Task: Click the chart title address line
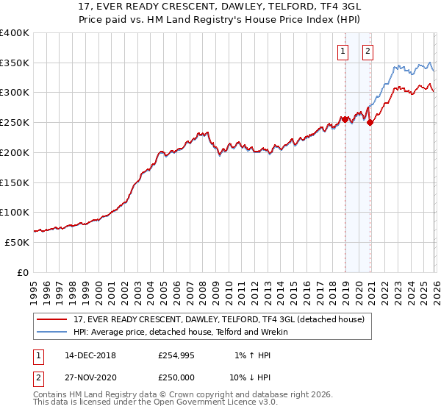click(220, 7)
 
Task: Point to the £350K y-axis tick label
click(15, 63)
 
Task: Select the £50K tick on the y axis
click(17, 242)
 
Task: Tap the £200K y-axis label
click(15, 152)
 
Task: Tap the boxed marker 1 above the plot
click(343, 51)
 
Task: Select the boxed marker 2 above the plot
click(367, 51)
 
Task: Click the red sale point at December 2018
click(345, 119)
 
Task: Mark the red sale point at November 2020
click(370, 123)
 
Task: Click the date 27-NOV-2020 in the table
click(90, 377)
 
